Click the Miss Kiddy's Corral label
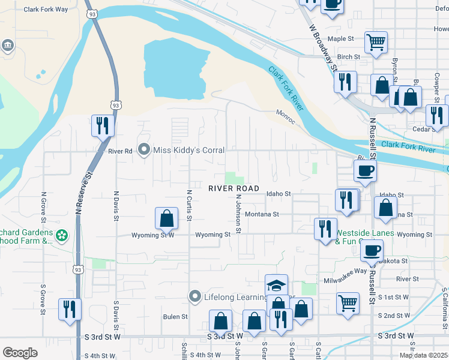[189, 150]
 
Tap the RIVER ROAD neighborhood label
[234, 188]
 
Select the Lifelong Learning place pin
[194, 296]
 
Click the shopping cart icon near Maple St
[376, 43]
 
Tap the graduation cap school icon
[277, 286]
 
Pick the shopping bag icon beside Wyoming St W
[167, 218]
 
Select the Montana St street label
[262, 214]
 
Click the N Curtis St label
[188, 205]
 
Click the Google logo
[20, 353]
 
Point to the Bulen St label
[175, 316]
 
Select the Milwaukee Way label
[343, 271]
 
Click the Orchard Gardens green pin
[62, 236]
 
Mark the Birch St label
[348, 57]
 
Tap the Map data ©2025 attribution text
[423, 355]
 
